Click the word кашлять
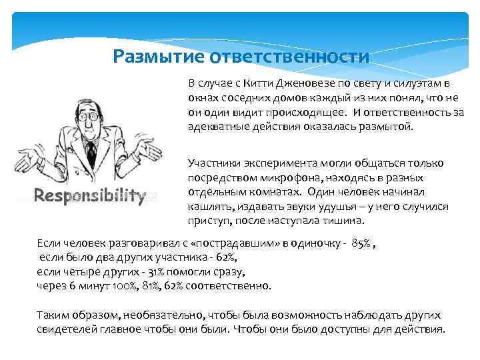[x=208, y=207]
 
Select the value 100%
[x=109, y=286]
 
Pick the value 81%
[x=137, y=286]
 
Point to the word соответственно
[x=224, y=286]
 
